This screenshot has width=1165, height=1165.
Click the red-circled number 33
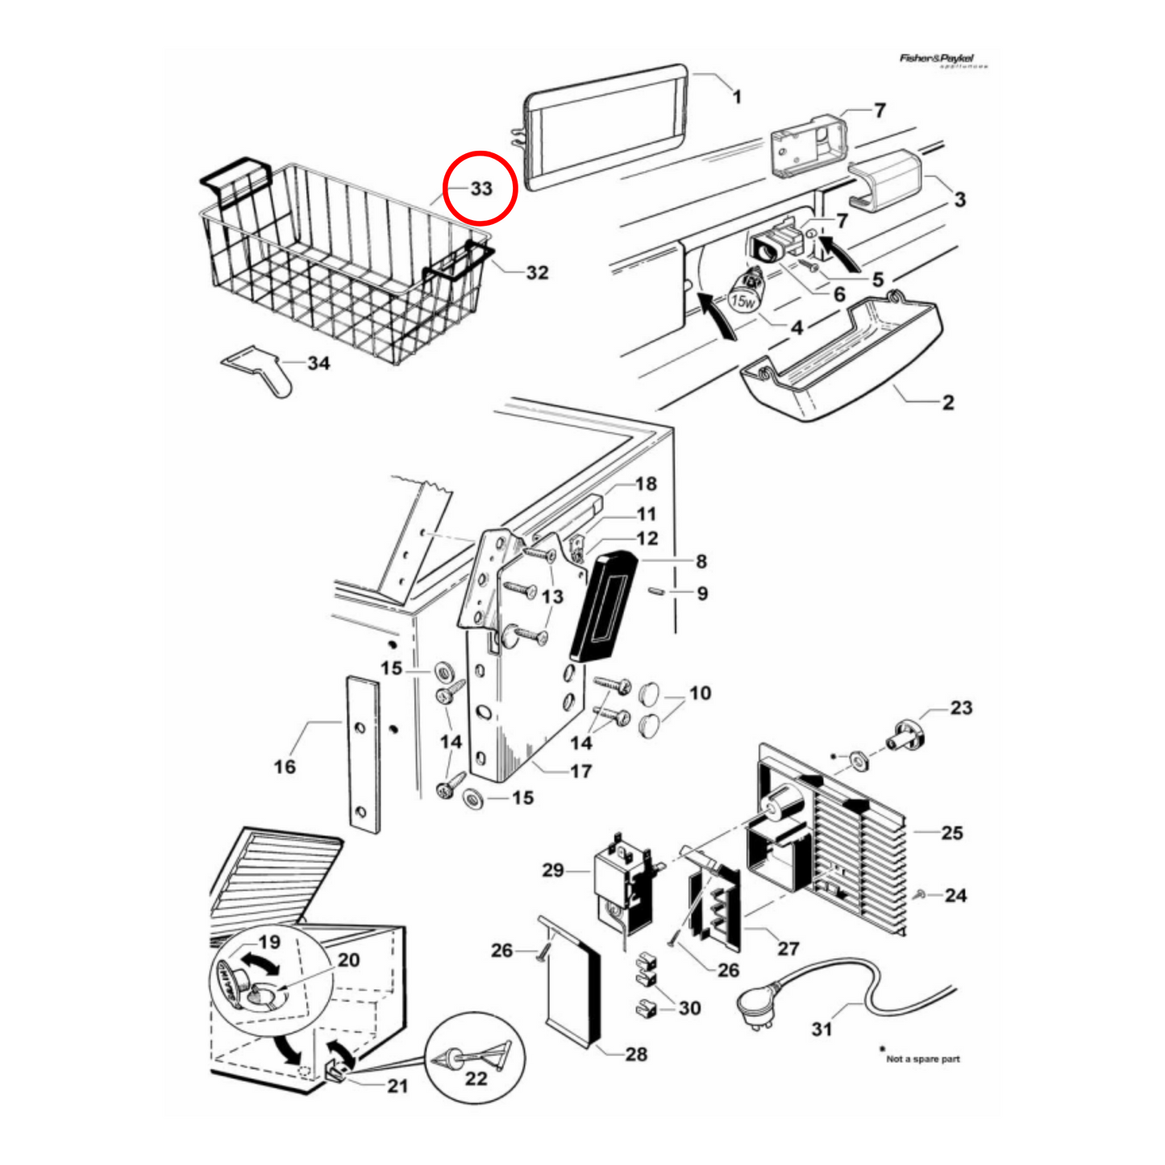click(481, 188)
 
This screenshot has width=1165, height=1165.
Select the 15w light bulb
click(746, 293)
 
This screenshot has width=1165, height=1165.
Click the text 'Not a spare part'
click(922, 1059)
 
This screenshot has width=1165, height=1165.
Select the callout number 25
click(952, 832)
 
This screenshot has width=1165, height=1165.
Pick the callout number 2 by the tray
click(948, 402)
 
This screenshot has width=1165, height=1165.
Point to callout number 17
click(580, 771)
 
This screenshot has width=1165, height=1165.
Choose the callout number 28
click(636, 1054)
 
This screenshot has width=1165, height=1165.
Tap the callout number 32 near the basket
click(537, 273)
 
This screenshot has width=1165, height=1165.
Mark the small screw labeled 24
click(921, 894)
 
